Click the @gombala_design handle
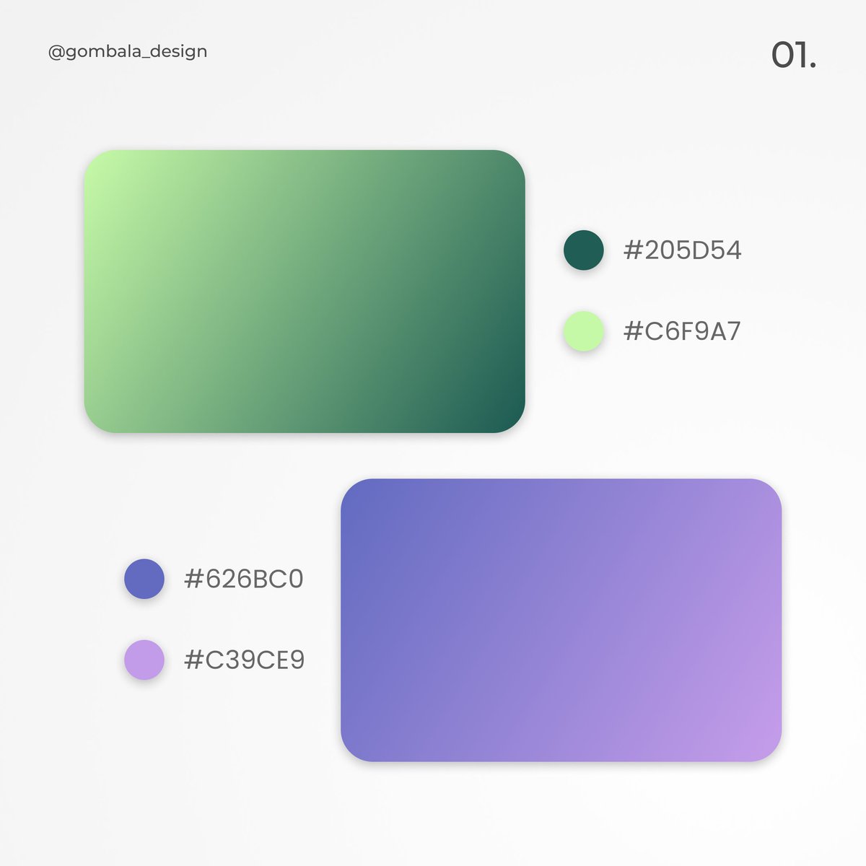pos(128,52)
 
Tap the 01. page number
pos(793,56)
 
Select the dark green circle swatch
pos(584,250)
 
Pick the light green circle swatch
pos(584,331)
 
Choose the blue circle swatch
pos(144,579)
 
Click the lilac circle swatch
pos(144,660)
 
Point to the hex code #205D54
pos(682,250)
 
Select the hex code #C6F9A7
pos(682,331)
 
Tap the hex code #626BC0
pos(244,579)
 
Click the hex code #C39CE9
pos(244,660)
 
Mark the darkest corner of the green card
pos(505,415)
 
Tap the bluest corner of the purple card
pos(359,497)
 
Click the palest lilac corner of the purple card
pos(763,743)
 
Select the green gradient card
pos(305,292)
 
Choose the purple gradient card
pos(561,620)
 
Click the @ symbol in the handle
pos(56,52)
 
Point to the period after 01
pos(813,66)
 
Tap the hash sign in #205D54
pos(633,250)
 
